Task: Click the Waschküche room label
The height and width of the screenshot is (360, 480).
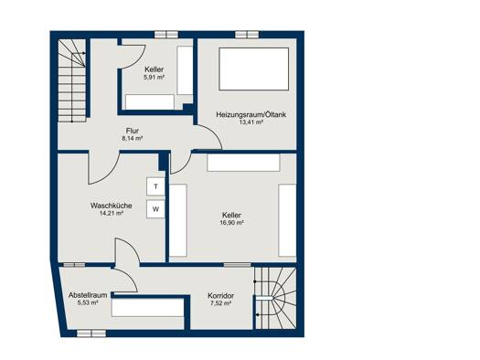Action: point(112,206)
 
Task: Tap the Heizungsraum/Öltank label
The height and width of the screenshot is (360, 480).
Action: point(251,115)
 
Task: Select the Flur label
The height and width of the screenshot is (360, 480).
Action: point(133,131)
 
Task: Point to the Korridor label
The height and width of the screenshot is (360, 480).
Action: point(220,296)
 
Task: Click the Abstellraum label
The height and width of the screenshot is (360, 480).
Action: point(88,295)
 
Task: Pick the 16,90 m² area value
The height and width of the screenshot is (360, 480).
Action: point(231,223)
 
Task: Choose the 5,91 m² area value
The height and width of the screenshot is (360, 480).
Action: point(154,77)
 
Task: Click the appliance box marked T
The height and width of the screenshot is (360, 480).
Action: point(155,186)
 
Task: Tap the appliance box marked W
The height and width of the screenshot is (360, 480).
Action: point(155,209)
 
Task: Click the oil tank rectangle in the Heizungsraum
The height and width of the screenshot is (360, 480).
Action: point(254,69)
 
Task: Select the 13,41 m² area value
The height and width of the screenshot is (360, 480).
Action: point(251,122)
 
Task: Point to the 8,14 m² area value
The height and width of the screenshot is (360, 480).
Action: point(133,138)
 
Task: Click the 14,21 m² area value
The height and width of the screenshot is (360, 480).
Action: point(112,213)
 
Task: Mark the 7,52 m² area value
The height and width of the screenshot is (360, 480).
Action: point(220,303)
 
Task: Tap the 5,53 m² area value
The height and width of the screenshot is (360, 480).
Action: point(88,302)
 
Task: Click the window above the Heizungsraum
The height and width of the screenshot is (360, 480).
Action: point(247,34)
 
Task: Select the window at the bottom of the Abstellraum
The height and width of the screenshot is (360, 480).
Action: point(91,334)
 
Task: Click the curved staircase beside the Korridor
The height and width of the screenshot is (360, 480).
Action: point(275,298)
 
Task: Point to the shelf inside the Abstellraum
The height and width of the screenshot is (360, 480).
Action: point(147,307)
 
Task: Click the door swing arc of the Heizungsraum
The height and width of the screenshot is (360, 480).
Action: point(213,133)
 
